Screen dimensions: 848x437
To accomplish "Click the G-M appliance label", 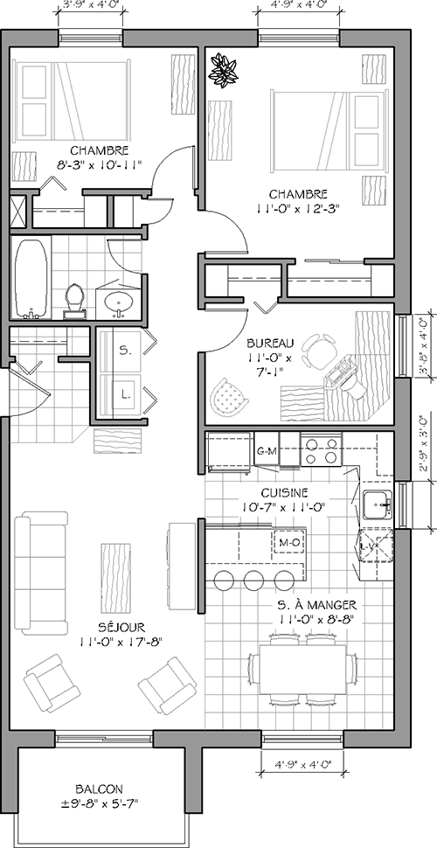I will pyautogui.click(x=266, y=452).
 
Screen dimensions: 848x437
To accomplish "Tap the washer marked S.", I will pyautogui.click(x=125, y=351).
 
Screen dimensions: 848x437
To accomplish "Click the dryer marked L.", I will pyautogui.click(x=125, y=393).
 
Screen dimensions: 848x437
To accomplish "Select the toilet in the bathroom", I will pyautogui.click(x=74, y=299).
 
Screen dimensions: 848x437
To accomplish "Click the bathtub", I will pyautogui.click(x=31, y=279).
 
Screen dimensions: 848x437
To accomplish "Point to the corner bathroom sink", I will pyautogui.click(x=117, y=302).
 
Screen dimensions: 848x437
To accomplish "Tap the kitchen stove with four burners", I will pyautogui.click(x=320, y=450).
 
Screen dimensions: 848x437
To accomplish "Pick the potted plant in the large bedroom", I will pyautogui.click(x=223, y=70).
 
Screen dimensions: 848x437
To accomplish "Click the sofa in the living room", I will pyautogui.click(x=40, y=573).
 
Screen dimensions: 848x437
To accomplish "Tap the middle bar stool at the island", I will pyautogui.click(x=254, y=580).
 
